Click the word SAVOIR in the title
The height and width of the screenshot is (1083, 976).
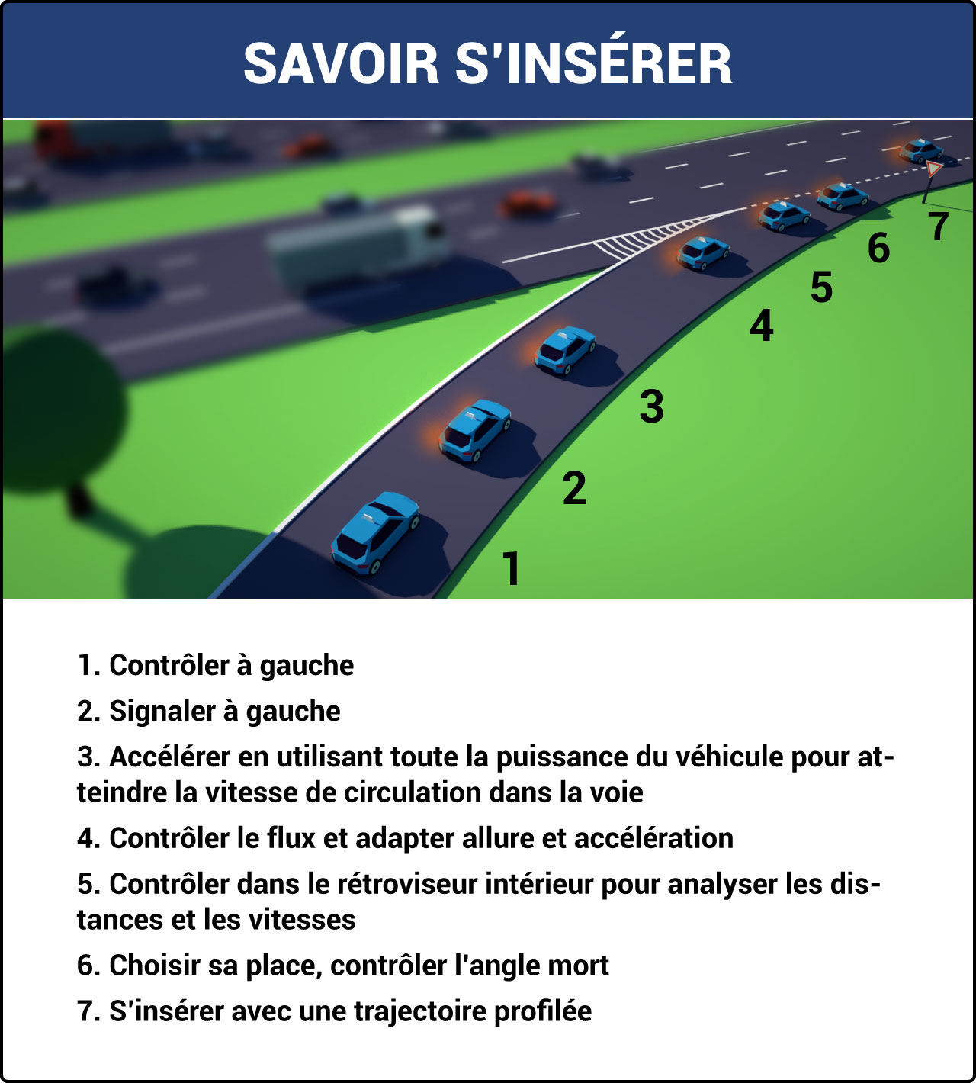click(341, 63)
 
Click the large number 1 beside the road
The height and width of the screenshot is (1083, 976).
click(511, 569)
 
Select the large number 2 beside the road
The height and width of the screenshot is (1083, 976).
click(574, 488)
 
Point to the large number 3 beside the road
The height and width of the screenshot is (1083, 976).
click(651, 406)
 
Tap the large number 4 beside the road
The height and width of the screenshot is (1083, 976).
click(761, 326)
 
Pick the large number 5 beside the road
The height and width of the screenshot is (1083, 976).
click(821, 288)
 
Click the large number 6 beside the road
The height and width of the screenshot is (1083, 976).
click(878, 249)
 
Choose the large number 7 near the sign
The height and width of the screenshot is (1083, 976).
click(939, 227)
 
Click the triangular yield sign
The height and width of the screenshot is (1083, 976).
click(934, 169)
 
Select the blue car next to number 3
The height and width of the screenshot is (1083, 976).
click(565, 350)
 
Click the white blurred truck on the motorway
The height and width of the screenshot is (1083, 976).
click(358, 244)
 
